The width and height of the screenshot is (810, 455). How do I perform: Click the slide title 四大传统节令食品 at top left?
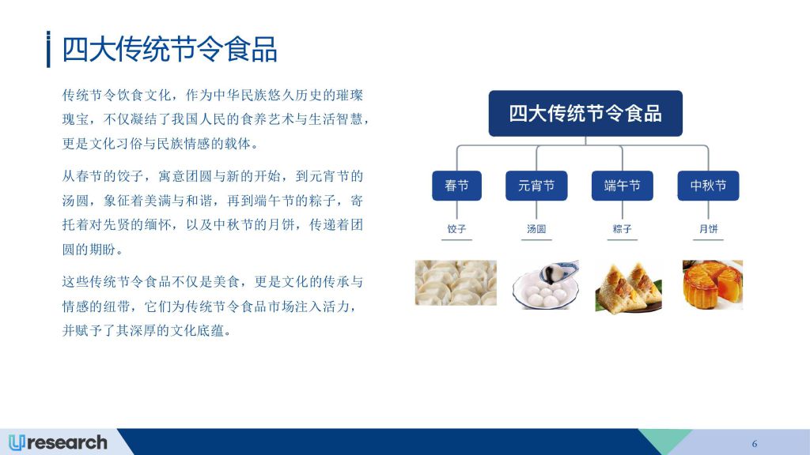169,50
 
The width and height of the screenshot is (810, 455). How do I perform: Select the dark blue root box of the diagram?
585,114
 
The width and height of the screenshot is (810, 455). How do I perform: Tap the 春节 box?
456,186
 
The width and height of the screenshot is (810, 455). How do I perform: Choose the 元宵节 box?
536,186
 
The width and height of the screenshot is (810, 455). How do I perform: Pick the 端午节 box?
622,186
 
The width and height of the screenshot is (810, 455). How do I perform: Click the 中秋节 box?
708,186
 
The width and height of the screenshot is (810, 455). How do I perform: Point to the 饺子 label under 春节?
456,228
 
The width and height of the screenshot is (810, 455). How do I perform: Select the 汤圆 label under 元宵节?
536,228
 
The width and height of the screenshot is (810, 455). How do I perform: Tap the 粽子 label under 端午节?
622,228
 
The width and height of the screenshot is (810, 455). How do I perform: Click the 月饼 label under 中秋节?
708,228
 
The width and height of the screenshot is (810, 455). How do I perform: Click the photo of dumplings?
456,283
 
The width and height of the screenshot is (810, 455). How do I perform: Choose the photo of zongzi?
628,287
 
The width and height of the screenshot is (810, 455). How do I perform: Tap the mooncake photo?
713,284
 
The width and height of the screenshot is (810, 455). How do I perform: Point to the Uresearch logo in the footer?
58,442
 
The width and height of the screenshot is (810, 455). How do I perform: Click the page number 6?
755,444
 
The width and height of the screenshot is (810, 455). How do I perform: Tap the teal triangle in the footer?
664,438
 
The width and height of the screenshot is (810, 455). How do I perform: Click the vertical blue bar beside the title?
48,49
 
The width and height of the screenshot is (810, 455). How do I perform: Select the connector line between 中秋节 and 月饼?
708,210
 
